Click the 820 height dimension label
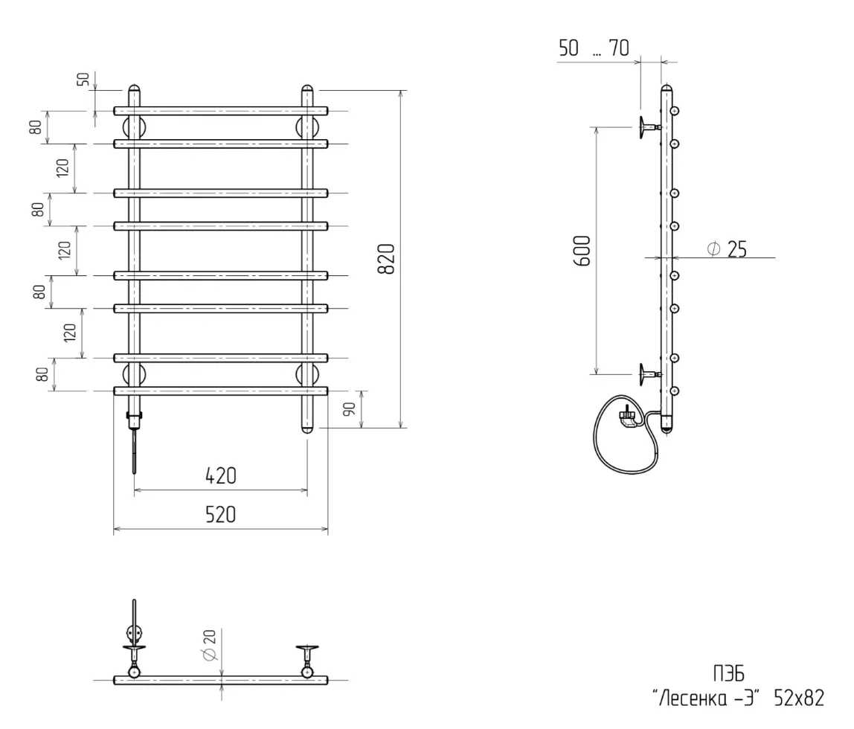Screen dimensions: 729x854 pos(386,258)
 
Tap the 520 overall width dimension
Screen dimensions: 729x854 pos(221,515)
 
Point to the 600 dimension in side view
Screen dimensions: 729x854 pos(582,251)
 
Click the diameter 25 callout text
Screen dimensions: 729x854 pos(728,250)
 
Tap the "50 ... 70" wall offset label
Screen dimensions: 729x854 pos(594,49)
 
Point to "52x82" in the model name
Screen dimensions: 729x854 pos(799,698)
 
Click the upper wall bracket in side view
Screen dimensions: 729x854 pos(646,127)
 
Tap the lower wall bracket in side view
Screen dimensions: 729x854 pos(646,374)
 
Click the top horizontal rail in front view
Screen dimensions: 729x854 pos(221,111)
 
